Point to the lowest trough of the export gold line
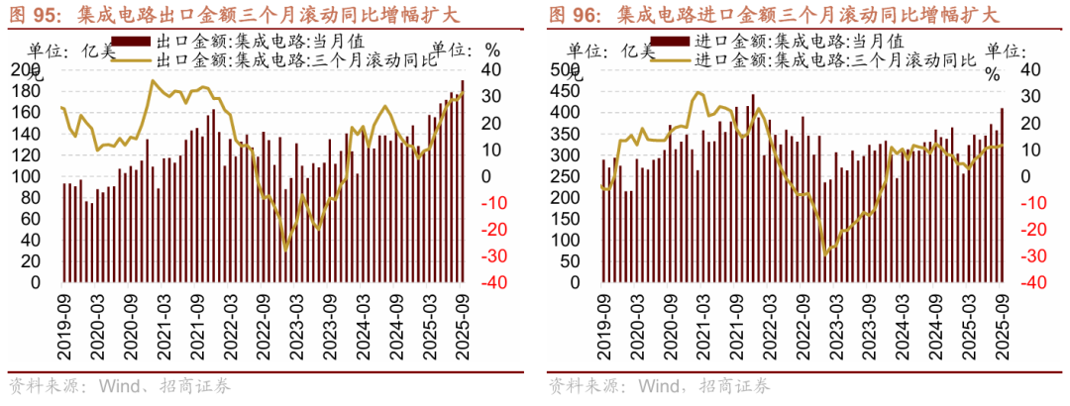286,250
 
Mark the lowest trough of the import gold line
825,254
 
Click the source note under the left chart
120,386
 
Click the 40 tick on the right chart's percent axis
1030,69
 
